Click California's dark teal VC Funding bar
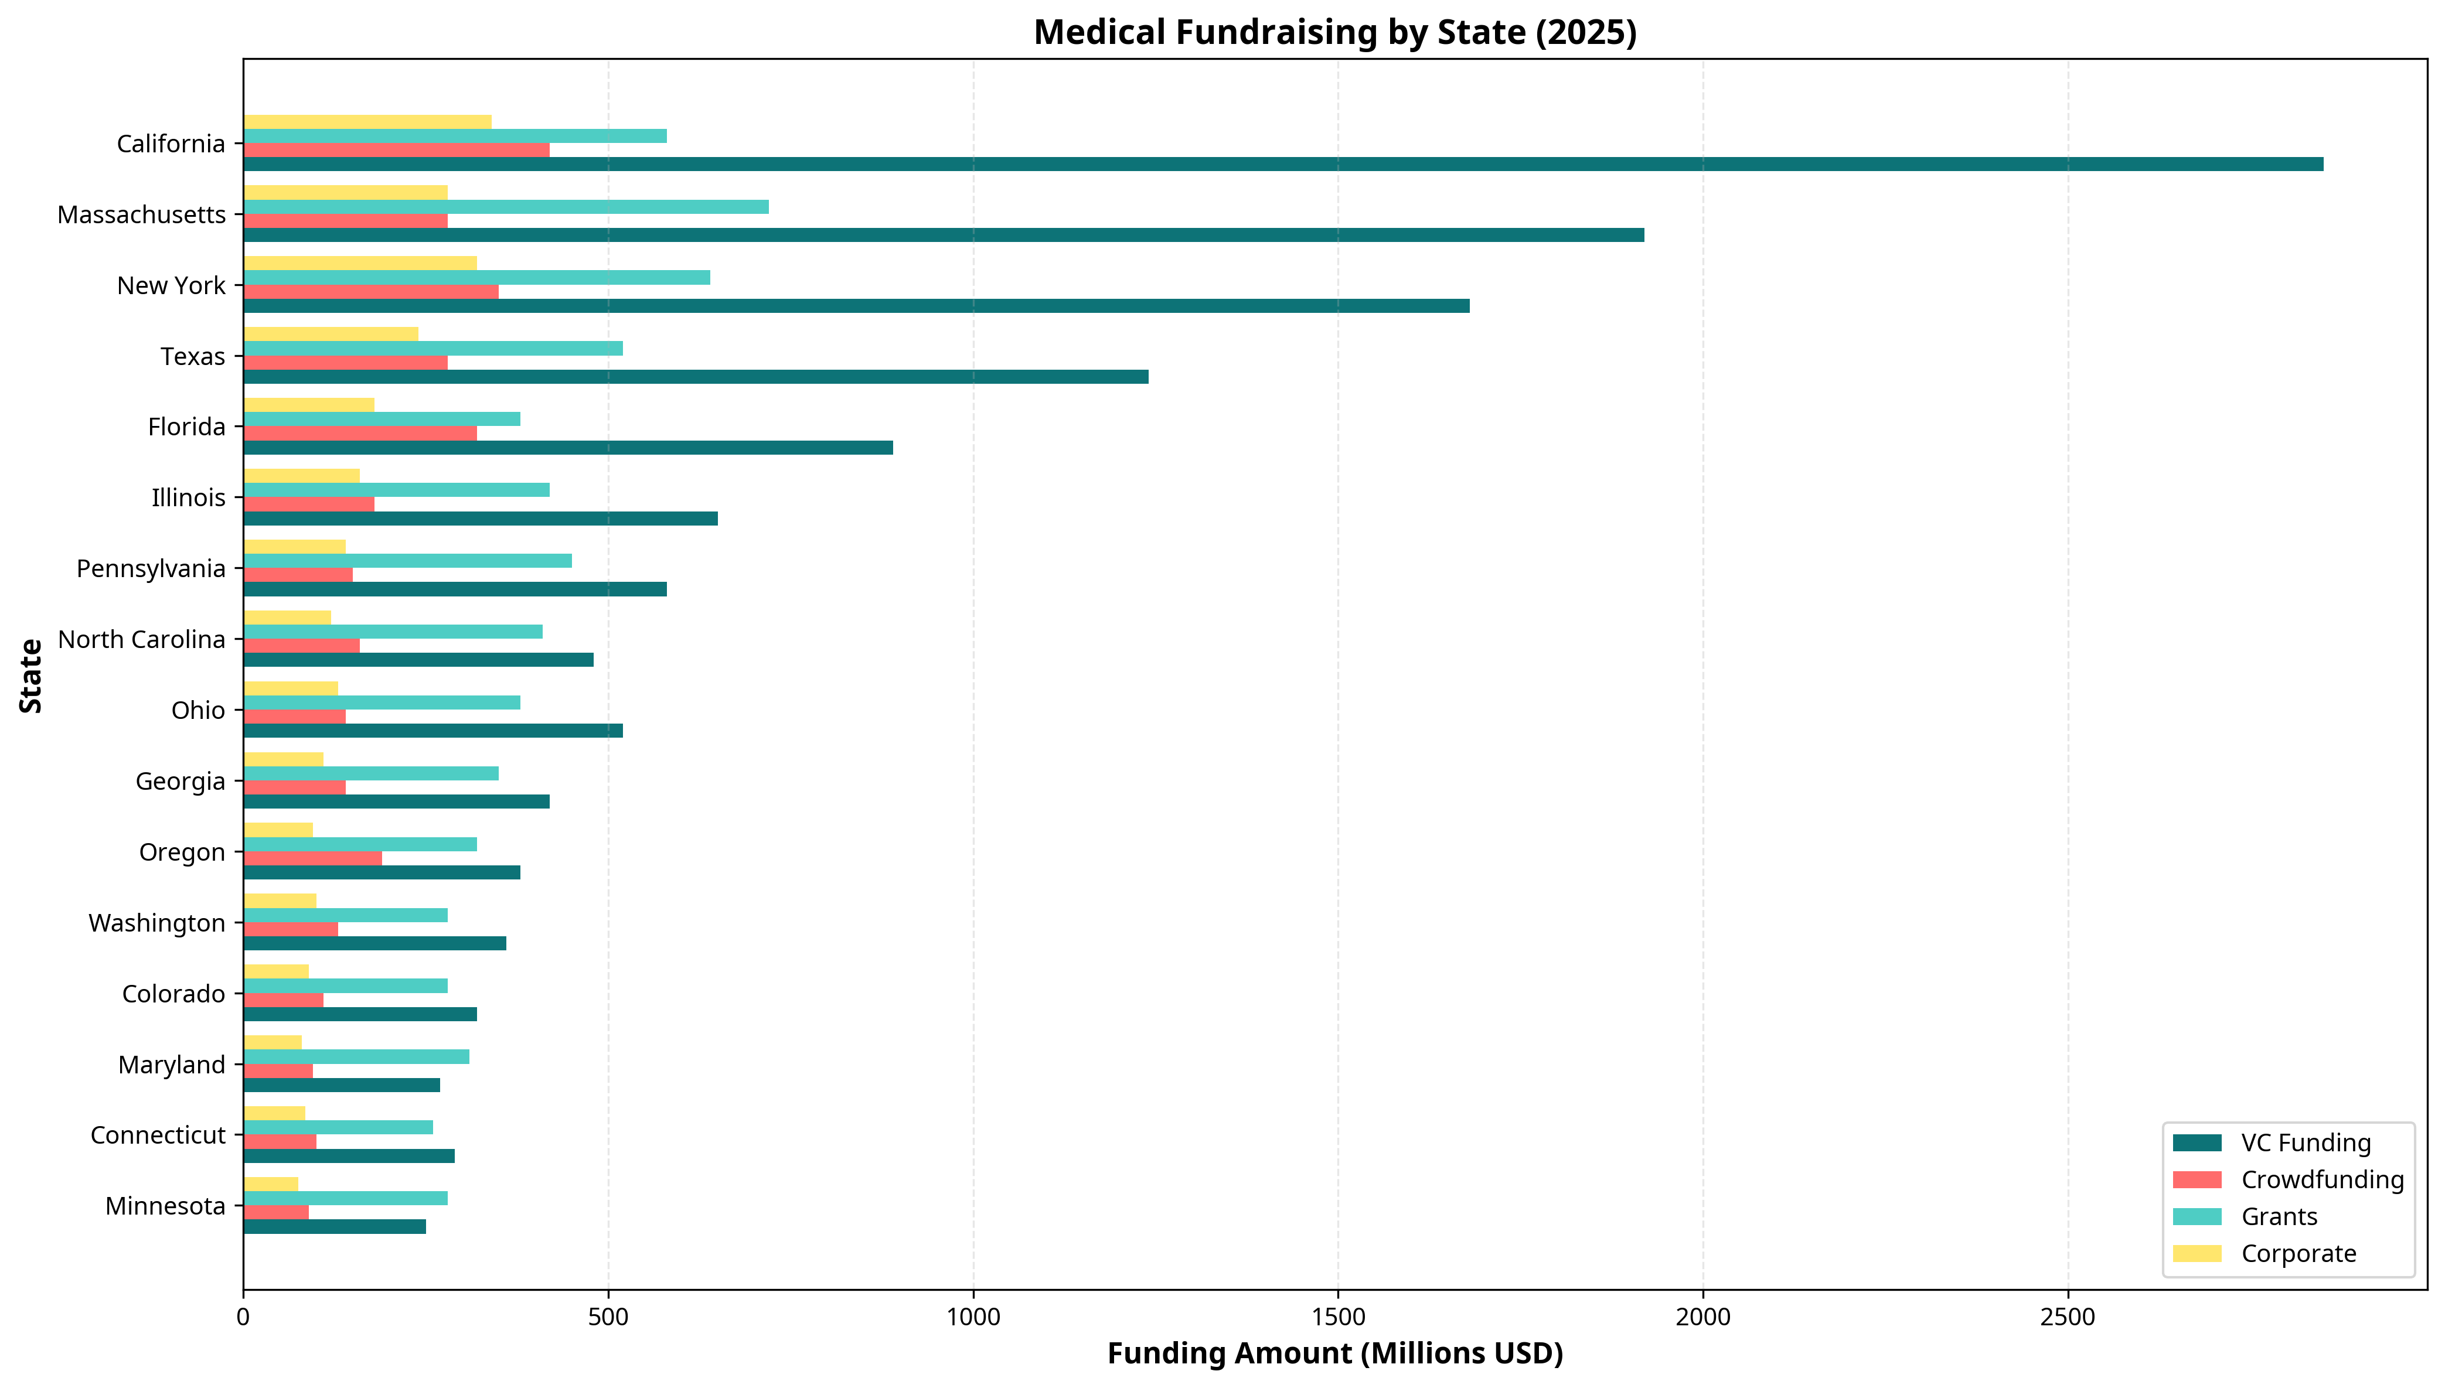click(x=1282, y=165)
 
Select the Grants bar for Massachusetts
click(x=505, y=207)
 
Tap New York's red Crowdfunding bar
click(x=371, y=292)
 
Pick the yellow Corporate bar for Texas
click(x=330, y=333)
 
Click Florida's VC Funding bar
click(x=567, y=448)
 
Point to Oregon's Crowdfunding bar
click(x=312, y=858)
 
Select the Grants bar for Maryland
click(x=356, y=1056)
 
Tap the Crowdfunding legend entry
click(x=2322, y=1179)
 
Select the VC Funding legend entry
click(x=2305, y=1143)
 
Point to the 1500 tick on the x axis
click(x=1339, y=1318)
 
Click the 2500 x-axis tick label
click(x=2068, y=1318)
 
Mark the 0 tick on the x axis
click(x=244, y=1318)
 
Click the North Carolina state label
click(x=141, y=640)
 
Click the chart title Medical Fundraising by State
click(x=1334, y=32)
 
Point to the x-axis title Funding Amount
click(x=1334, y=1353)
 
